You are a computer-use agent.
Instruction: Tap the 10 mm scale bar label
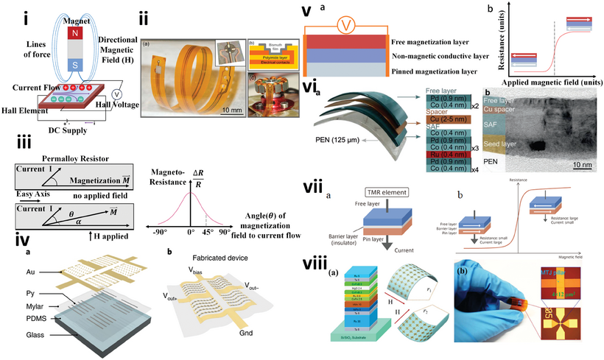[229, 110]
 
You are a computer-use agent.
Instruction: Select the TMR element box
[366, 191]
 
